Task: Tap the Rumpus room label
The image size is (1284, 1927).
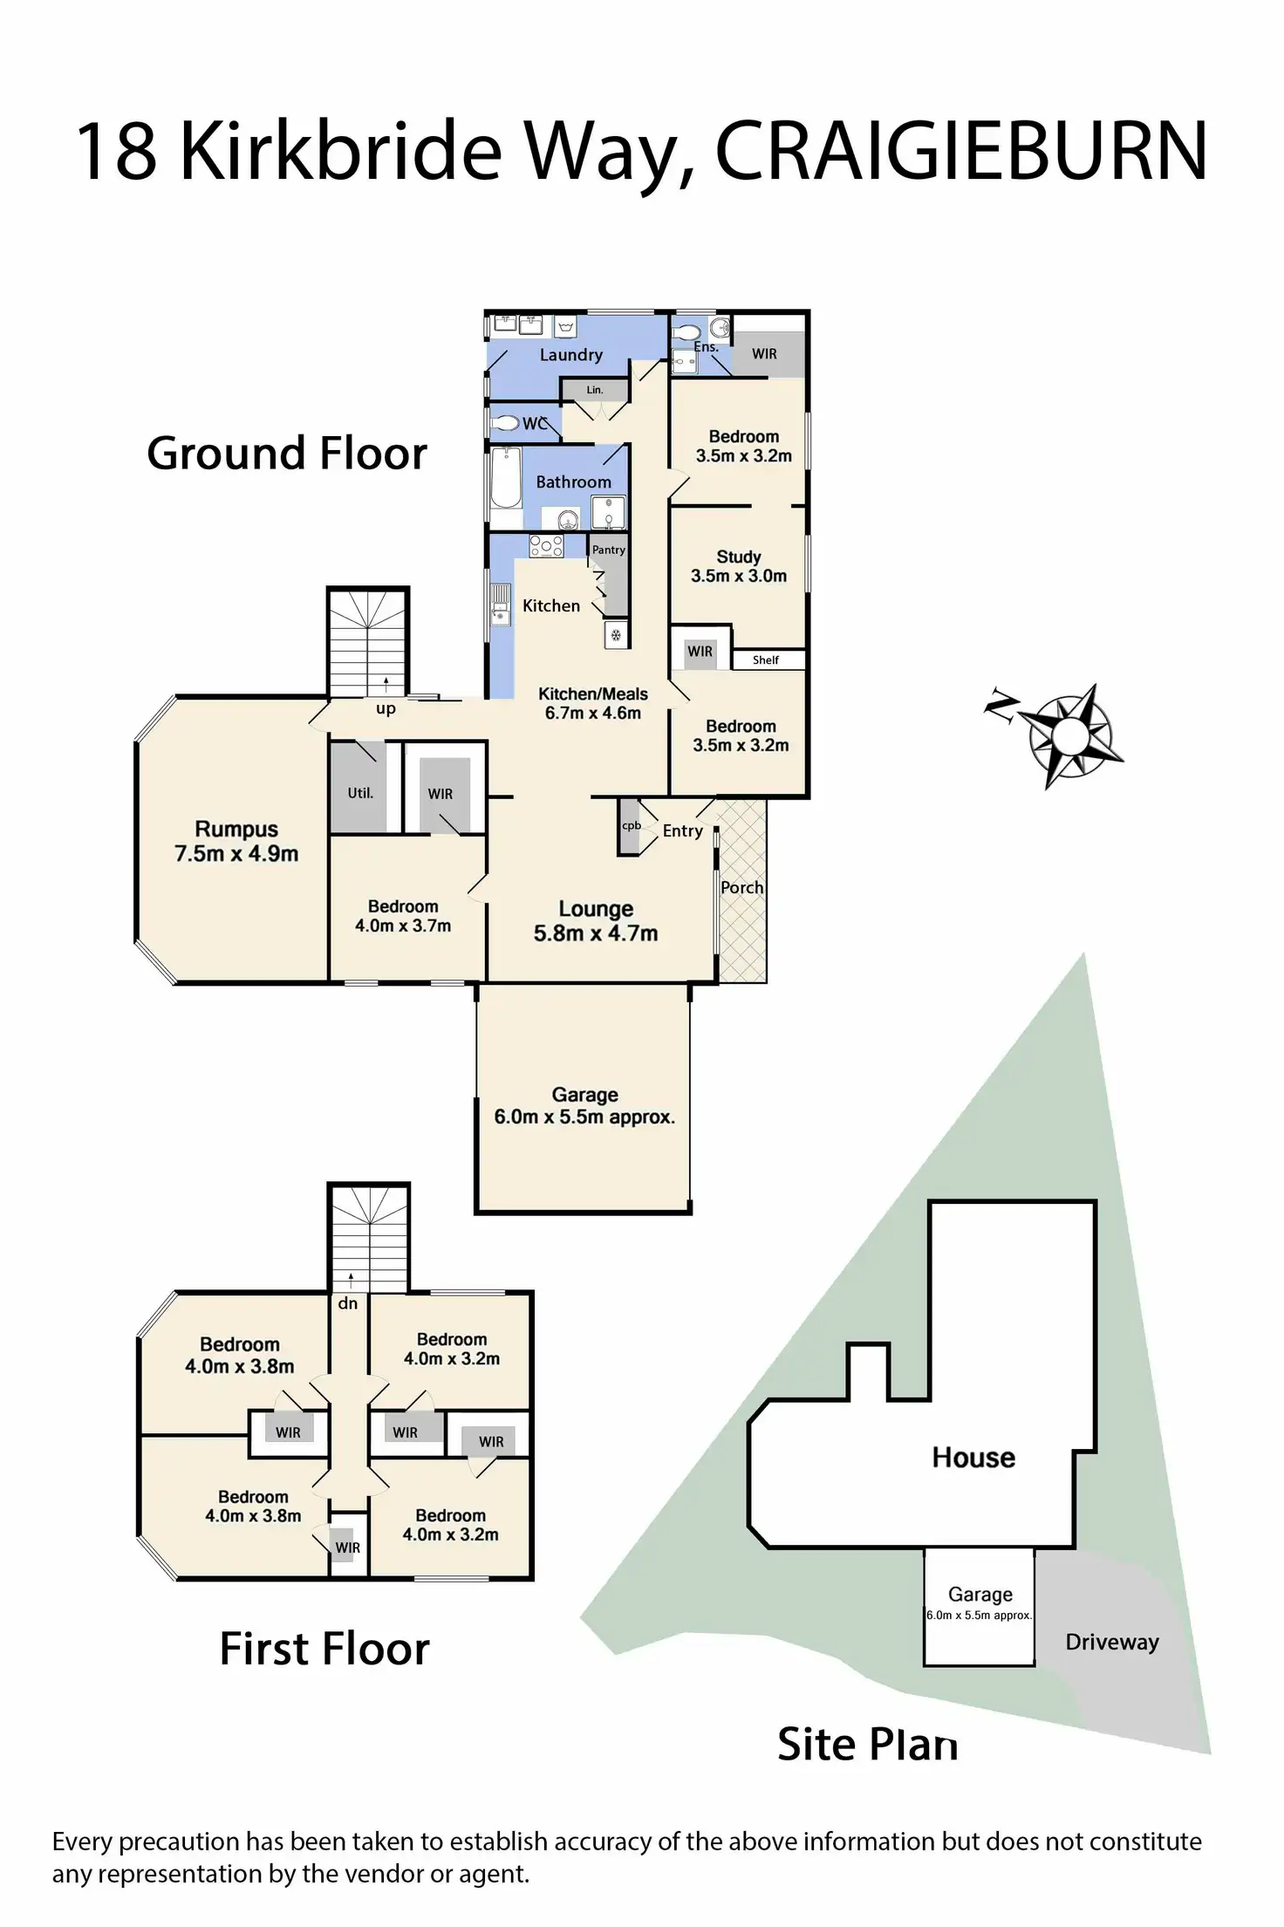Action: coord(236,829)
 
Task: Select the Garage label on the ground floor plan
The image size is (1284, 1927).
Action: coord(584,1095)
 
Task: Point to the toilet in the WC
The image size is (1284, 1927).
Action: coord(505,424)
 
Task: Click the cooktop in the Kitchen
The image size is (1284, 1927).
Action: coord(546,547)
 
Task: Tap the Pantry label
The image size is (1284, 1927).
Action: coord(609,550)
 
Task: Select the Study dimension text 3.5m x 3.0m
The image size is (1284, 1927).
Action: coord(739,576)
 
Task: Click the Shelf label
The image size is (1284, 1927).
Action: coord(766,660)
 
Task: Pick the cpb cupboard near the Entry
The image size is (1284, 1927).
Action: coord(631,826)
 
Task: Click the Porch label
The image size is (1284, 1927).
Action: coord(742,887)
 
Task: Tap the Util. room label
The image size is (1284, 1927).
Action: coord(360,793)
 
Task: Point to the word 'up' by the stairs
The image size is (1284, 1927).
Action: coord(386,708)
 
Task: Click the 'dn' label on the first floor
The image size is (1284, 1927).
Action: coord(348,1303)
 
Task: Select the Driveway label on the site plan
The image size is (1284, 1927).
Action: coord(1112,1642)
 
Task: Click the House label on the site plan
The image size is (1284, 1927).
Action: coord(973,1457)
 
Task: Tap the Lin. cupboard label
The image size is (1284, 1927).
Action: coord(595,390)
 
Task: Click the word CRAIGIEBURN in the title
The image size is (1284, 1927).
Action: coord(961,151)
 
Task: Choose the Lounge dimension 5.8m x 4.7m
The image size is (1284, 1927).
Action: coord(596,933)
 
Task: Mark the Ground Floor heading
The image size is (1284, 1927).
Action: coord(287,454)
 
